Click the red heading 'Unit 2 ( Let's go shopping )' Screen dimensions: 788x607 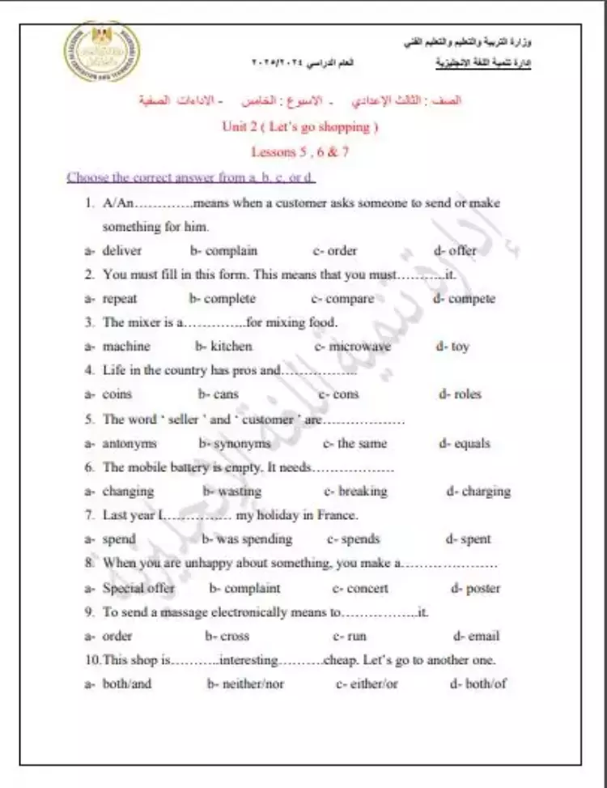click(x=300, y=126)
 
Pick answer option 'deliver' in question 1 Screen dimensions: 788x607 click(x=121, y=251)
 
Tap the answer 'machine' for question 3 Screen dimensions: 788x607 click(x=126, y=347)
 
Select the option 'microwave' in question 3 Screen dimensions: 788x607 click(x=359, y=347)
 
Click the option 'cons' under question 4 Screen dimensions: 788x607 click(x=346, y=394)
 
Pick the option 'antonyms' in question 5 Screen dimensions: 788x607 click(x=129, y=444)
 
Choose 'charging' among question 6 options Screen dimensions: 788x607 click(x=486, y=492)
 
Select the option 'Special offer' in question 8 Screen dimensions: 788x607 click(x=138, y=589)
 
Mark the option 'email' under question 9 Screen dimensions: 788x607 click(x=483, y=637)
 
